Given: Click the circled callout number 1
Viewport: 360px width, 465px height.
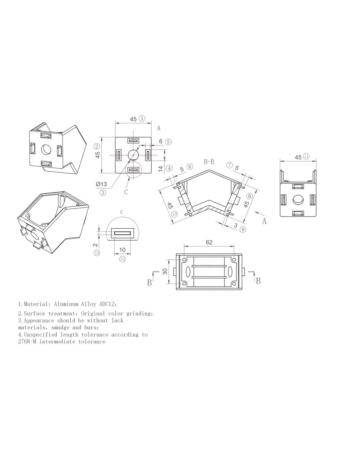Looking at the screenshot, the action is point(142,118).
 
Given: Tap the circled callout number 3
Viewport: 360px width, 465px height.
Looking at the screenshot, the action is point(102,193).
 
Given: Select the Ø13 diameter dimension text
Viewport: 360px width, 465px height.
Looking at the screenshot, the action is point(101,184).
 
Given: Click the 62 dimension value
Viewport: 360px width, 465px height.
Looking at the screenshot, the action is point(209,242).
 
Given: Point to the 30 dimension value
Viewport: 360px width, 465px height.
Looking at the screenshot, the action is point(165,272).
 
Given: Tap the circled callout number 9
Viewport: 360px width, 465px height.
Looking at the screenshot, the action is point(243,230).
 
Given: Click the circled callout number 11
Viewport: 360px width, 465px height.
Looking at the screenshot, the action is point(306,156).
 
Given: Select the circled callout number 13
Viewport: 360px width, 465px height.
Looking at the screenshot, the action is point(97,253).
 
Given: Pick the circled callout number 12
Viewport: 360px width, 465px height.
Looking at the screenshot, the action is point(122,259).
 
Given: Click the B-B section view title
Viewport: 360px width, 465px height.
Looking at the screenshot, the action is point(209,162).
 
